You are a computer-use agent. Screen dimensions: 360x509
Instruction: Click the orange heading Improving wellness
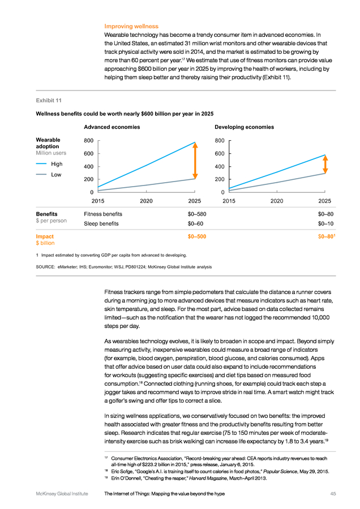[131, 26]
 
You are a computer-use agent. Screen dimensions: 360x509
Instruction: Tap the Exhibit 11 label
[49, 100]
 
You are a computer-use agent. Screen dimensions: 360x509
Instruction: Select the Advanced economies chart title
[112, 127]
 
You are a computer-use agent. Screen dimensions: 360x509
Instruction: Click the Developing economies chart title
[244, 127]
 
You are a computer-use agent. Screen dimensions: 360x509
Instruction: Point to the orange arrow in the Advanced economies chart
[195, 161]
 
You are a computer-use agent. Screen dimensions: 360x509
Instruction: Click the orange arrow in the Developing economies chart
[325, 164]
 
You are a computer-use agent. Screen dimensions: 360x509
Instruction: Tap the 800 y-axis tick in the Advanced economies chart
[89, 141]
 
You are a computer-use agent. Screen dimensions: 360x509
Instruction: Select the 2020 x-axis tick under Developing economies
[277, 201]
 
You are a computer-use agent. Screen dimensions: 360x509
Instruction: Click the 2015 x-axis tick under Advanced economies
[98, 201]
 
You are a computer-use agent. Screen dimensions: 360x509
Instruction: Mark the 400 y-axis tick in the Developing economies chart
[220, 166]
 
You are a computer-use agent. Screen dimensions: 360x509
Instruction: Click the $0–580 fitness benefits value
[197, 214]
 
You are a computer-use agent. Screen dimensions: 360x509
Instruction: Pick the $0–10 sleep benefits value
[325, 223]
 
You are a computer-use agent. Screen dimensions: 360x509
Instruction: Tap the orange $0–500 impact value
[197, 236]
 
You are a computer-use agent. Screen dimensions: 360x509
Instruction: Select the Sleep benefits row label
[101, 223]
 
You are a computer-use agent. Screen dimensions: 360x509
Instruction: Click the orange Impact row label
[45, 236]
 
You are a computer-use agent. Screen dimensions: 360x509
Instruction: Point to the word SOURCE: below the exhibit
[45, 267]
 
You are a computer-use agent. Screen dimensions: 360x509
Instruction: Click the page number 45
[333, 494]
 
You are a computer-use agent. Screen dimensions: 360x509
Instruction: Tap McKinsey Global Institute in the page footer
[62, 494]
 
